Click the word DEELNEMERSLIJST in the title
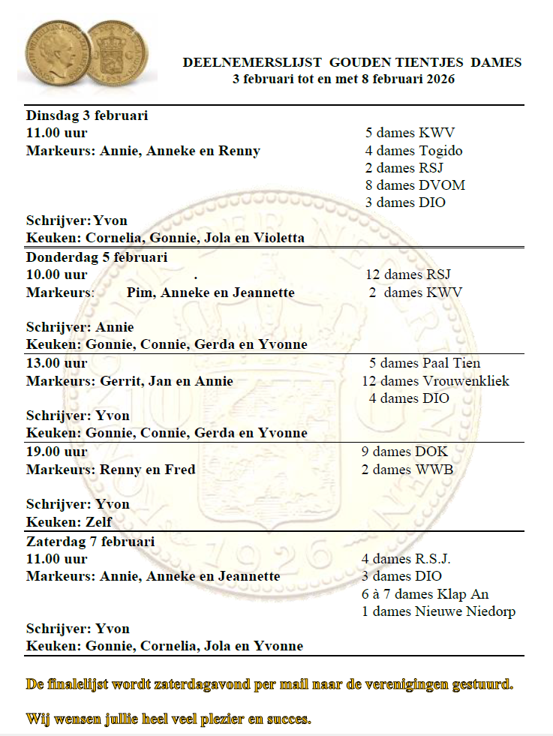(251, 63)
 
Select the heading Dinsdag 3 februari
(87, 116)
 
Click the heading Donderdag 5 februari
(97, 257)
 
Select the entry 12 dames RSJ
(407, 275)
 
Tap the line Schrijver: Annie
(80, 327)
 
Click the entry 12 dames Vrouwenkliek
(435, 381)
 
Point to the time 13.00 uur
(57, 363)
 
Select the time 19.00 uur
(57, 452)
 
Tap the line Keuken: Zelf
(69, 521)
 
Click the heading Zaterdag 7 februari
(91, 541)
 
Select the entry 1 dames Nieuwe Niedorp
(438, 611)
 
